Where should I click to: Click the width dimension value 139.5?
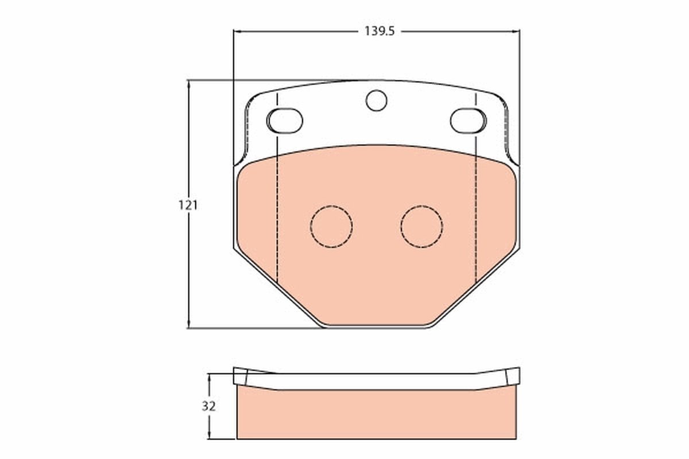point(378,32)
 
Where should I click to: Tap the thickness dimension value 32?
point(208,406)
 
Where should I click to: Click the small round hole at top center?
point(376,100)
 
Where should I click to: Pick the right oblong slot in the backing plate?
point(468,119)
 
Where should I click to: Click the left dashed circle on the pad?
point(331,226)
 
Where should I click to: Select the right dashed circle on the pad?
point(422,226)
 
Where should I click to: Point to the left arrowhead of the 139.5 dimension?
point(237,32)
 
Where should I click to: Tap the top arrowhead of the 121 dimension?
point(188,84)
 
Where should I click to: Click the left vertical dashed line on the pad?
point(277,229)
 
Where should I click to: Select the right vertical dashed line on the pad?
point(476,229)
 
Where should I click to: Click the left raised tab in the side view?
point(240,376)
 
